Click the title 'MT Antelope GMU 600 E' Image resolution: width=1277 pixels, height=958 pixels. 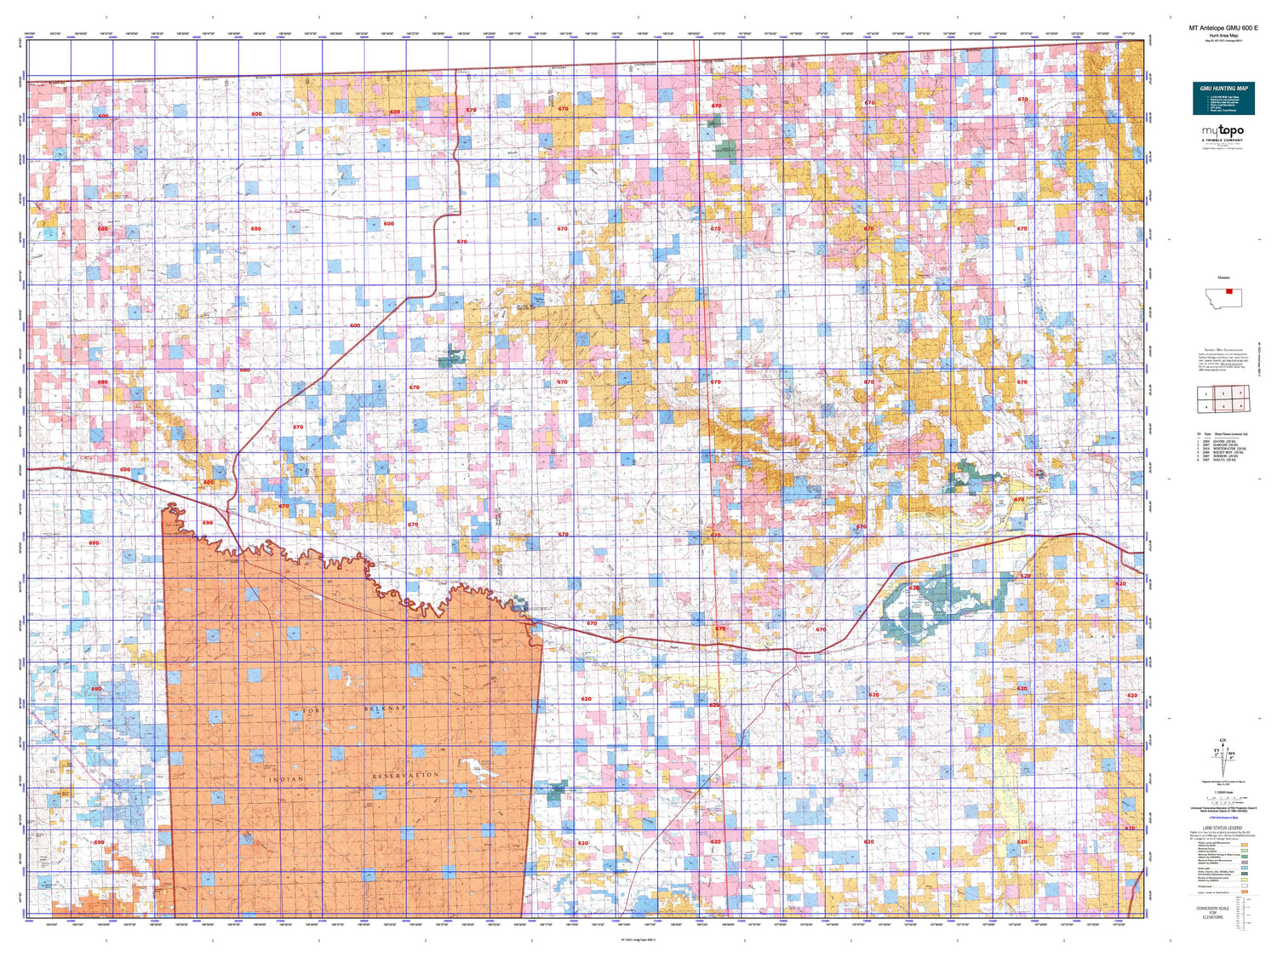[1223, 28]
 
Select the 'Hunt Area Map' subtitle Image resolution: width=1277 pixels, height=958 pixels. [1223, 36]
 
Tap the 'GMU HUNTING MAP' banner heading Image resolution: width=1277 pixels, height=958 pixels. [1223, 89]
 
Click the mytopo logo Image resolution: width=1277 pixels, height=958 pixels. [1223, 131]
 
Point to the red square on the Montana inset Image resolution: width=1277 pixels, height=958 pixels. [1228, 291]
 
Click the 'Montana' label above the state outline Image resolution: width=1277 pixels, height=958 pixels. [1223, 278]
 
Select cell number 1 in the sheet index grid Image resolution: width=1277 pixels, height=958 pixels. [1205, 393]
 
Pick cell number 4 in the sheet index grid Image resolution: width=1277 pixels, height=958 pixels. [1205, 406]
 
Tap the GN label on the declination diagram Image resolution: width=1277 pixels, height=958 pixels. [1224, 740]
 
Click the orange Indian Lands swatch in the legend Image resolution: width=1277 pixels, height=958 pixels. [1244, 892]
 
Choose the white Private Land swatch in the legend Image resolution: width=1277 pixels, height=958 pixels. [1244, 886]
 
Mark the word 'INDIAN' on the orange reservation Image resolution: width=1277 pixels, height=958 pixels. [286, 778]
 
